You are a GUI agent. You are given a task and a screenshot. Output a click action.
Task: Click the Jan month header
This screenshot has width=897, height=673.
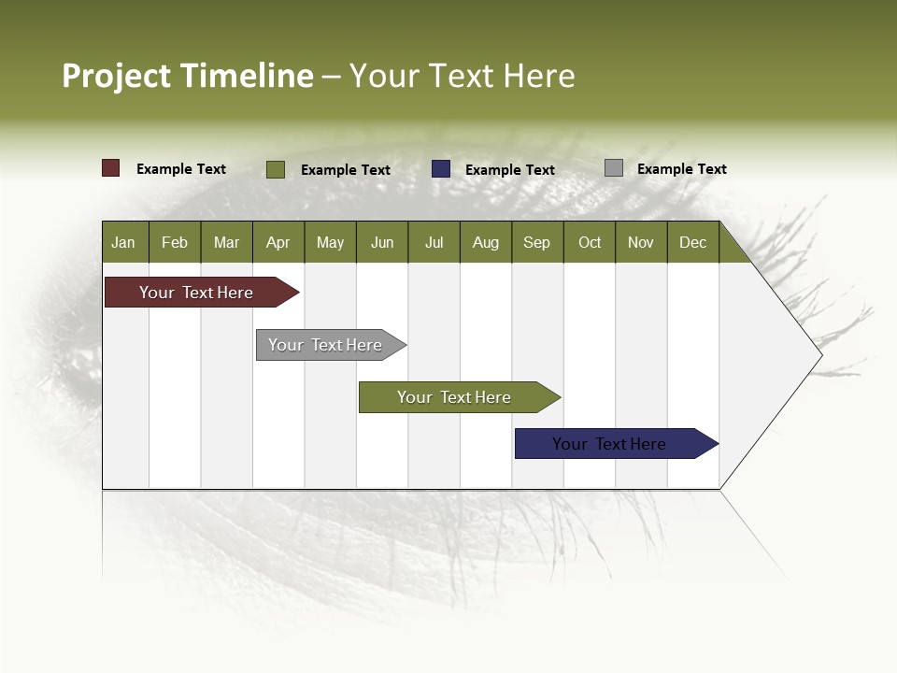[x=123, y=242]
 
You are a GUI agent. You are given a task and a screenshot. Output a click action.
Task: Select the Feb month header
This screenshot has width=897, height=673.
[x=175, y=242]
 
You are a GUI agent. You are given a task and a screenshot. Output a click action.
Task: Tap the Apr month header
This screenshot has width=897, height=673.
[x=278, y=242]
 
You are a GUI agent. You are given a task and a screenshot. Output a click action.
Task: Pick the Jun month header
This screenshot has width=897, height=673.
[x=382, y=242]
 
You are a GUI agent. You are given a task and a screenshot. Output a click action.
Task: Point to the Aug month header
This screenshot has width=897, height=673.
[x=485, y=242]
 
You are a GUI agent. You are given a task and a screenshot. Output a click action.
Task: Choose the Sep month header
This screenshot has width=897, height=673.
[x=536, y=242]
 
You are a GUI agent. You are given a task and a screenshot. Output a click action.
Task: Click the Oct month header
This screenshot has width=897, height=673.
[x=590, y=242]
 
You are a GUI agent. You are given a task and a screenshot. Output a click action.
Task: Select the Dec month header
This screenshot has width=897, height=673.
[x=692, y=242]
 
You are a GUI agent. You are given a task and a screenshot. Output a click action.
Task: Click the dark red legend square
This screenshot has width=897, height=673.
[x=111, y=168]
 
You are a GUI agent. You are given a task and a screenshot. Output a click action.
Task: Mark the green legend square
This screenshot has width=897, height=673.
[x=276, y=169]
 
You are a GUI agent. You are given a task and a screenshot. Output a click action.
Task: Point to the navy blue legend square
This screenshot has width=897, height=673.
[x=441, y=169]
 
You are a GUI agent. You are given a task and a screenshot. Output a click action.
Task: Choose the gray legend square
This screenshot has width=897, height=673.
[x=614, y=168]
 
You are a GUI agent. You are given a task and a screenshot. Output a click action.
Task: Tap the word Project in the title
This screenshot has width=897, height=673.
[x=117, y=76]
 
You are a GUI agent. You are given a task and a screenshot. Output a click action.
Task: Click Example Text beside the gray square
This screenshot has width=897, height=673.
[x=681, y=168]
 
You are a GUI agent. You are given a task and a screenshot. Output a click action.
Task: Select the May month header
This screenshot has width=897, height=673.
[x=330, y=242]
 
